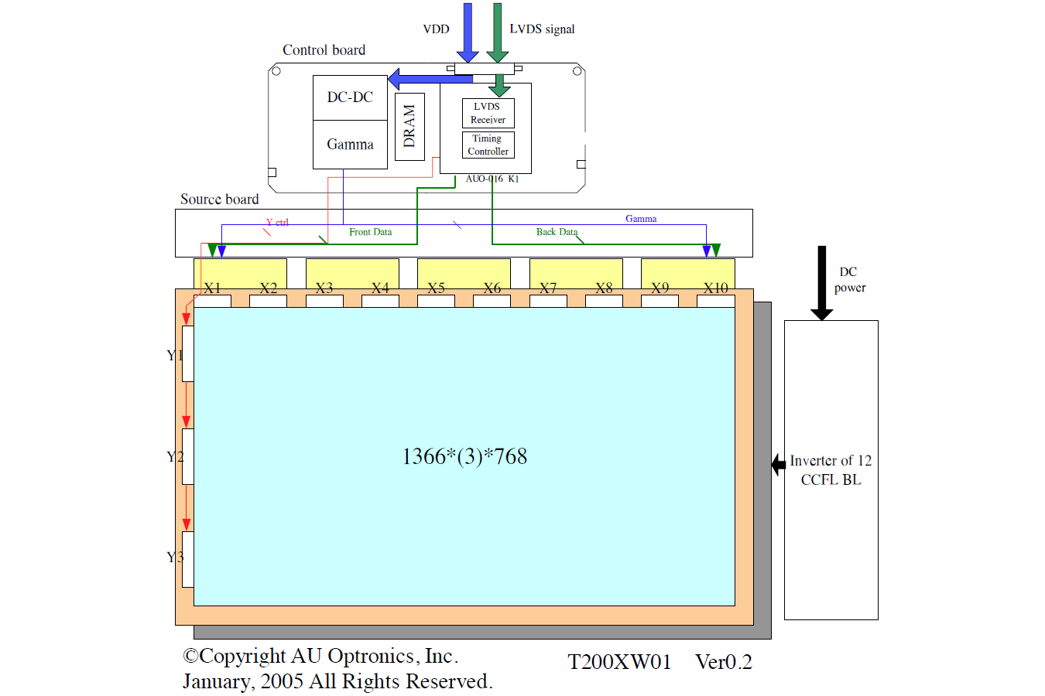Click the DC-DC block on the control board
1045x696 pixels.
(350, 97)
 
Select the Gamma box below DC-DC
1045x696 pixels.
(350, 145)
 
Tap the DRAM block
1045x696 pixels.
(409, 126)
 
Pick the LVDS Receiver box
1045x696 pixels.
(488, 113)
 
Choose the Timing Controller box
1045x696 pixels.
(488, 145)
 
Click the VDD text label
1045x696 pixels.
(436, 29)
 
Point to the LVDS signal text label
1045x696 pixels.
(542, 29)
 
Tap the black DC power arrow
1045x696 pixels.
(822, 282)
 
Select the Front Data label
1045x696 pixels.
(370, 232)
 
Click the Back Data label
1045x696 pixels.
(557, 232)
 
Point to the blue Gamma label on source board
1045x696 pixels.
(641, 219)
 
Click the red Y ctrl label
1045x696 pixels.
(277, 223)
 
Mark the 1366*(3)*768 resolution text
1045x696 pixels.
(464, 456)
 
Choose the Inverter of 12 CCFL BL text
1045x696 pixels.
(831, 470)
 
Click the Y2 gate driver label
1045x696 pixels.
(175, 457)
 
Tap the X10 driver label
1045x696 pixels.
(715, 288)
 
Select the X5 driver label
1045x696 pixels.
(437, 288)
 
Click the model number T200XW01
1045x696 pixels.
(619, 662)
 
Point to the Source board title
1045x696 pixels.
(219, 200)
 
